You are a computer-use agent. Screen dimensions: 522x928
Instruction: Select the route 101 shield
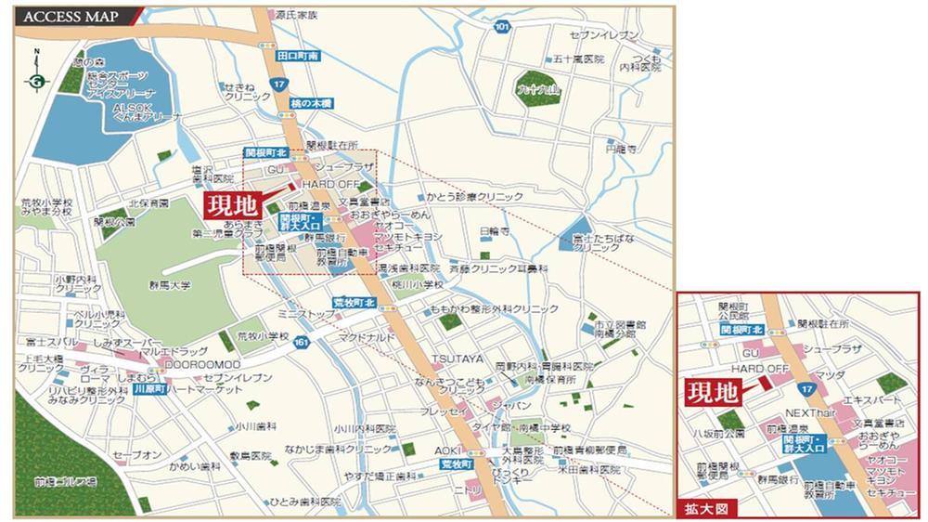click(502, 27)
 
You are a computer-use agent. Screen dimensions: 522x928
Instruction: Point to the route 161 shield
click(300, 343)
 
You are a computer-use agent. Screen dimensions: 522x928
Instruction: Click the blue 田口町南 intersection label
click(298, 57)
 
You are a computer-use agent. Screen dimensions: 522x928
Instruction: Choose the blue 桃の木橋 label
click(310, 103)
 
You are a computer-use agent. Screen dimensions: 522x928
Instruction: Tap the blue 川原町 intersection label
click(148, 390)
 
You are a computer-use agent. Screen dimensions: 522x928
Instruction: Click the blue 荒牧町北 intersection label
click(354, 304)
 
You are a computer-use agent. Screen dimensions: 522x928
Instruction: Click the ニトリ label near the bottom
click(464, 487)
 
